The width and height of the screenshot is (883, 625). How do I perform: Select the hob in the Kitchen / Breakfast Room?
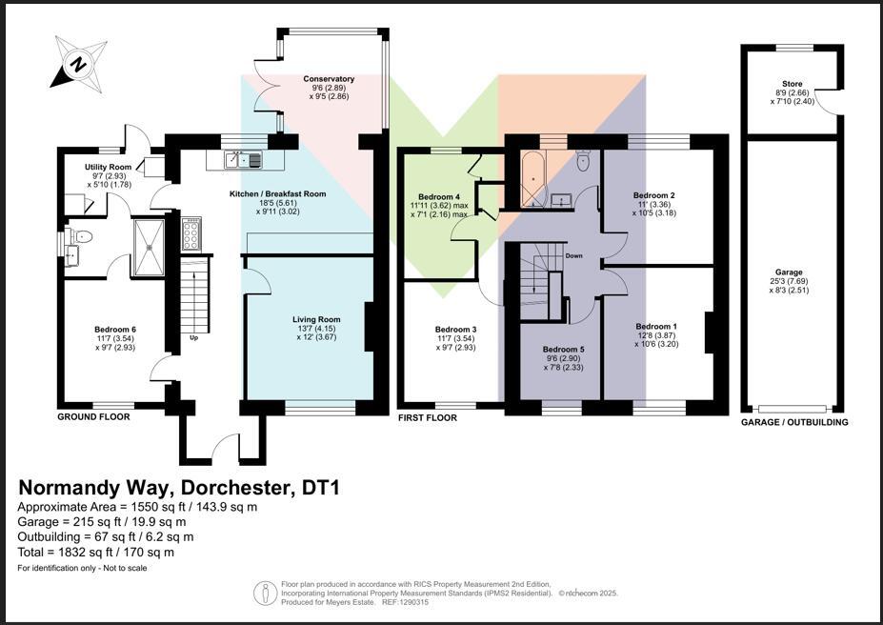coord(191,233)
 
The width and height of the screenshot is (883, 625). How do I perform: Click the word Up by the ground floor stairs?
coord(194,337)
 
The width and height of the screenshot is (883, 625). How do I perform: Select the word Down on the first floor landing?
coord(573,256)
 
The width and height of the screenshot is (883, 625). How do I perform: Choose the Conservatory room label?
coord(329,79)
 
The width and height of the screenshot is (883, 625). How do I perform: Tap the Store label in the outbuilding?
coord(792,84)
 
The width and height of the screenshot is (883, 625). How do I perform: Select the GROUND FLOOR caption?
coord(93,416)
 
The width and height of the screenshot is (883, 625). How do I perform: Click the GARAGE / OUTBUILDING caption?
coord(794,422)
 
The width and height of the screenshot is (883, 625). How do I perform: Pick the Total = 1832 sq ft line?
coord(96,552)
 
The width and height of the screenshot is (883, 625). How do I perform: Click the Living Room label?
coord(316,319)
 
